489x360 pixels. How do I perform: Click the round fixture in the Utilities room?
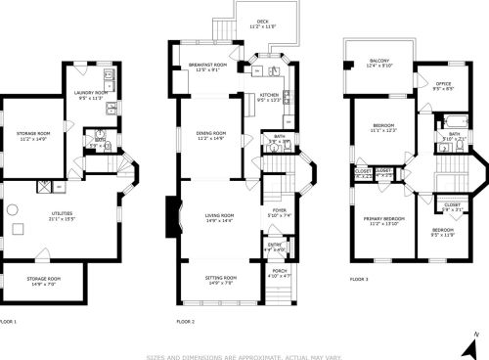pyautogui.click(x=17, y=230)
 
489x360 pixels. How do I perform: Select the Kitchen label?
pyautogui.click(x=268, y=97)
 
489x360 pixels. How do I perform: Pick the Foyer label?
pyautogui.click(x=279, y=211)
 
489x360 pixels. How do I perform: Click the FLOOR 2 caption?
pyautogui.click(x=185, y=321)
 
